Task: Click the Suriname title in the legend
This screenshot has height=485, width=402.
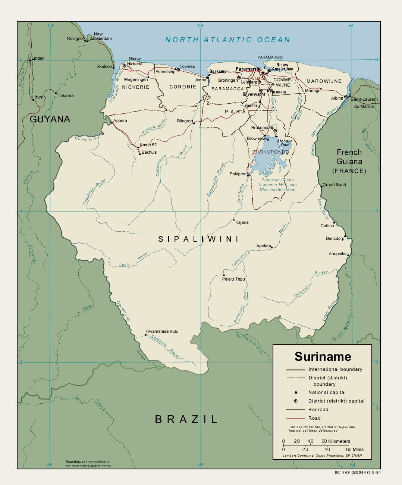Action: click(323, 357)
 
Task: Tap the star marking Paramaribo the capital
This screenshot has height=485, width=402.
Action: click(263, 72)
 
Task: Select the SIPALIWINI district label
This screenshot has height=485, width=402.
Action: click(198, 239)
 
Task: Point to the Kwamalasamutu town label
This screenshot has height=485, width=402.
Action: click(162, 331)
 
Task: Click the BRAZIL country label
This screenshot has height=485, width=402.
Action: click(186, 419)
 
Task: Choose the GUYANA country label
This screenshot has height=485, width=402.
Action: click(50, 119)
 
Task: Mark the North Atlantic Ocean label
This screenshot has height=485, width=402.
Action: click(227, 40)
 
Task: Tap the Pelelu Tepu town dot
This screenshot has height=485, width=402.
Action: click(224, 275)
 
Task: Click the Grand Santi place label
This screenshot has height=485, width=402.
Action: click(334, 185)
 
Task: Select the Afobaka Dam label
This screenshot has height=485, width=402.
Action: click(285, 143)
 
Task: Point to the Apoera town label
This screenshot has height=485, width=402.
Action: click(120, 121)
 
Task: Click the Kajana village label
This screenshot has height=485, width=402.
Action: click(242, 222)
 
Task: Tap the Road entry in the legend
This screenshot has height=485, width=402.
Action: click(314, 418)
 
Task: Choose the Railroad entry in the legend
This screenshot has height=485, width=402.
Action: click(318, 410)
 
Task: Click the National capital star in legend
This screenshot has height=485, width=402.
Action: click(296, 392)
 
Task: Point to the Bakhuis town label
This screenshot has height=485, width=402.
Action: click(149, 152)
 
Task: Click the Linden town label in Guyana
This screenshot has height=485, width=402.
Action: click(38, 58)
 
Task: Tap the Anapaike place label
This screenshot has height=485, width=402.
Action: click(337, 254)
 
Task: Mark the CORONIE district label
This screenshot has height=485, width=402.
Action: click(183, 87)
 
